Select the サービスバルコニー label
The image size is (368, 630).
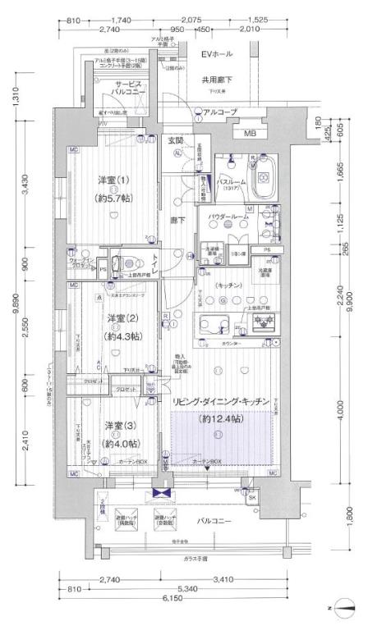pos(129,89)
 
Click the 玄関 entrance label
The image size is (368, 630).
pos(175,139)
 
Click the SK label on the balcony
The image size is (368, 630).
pos(251,498)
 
